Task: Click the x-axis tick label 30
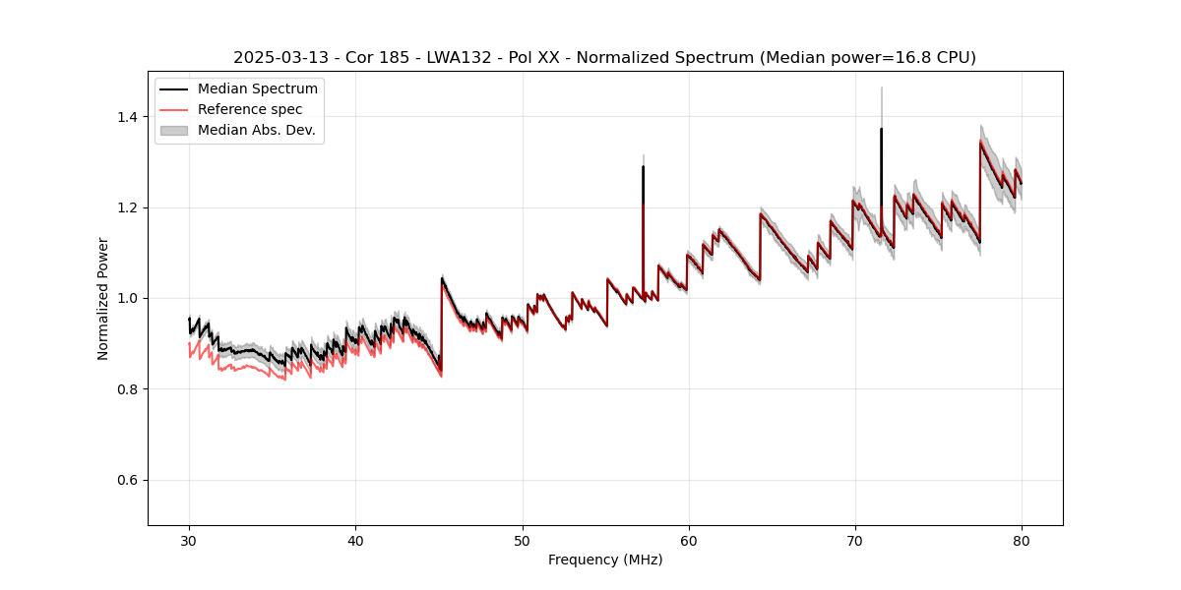click(189, 541)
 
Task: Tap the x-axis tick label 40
click(355, 541)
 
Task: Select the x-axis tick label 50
click(523, 541)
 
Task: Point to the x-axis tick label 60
click(689, 541)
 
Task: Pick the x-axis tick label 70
click(855, 541)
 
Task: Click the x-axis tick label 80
click(1022, 541)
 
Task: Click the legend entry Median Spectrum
click(257, 89)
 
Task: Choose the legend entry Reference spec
click(250, 109)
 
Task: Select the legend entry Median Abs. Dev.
click(256, 130)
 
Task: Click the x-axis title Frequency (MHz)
click(605, 560)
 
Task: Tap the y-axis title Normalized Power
click(103, 298)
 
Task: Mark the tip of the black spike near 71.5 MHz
click(881, 129)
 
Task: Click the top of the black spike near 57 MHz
click(643, 166)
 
